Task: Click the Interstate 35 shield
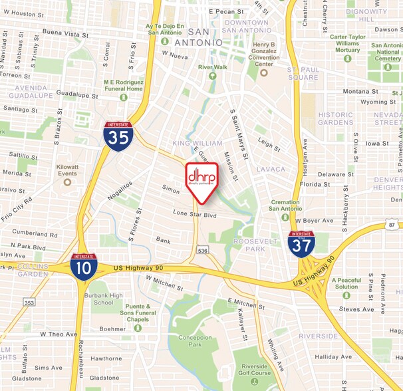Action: [118, 136]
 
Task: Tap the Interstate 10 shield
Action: [84, 266]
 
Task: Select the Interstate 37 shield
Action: [301, 244]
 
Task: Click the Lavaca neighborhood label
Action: [271, 169]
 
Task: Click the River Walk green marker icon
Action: [212, 76]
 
